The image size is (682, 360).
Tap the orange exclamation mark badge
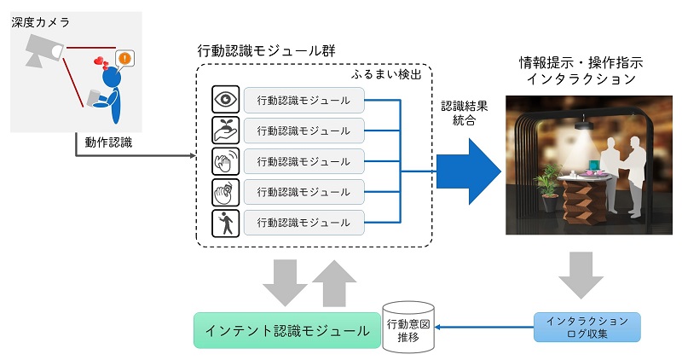[x=125, y=59]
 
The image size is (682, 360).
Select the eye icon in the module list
[x=225, y=100]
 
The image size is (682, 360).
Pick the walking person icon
[x=225, y=224]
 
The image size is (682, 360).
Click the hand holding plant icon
[x=225, y=130]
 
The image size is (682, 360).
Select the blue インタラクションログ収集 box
[x=587, y=328]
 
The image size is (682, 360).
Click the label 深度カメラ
[x=41, y=22]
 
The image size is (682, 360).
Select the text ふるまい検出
[x=386, y=75]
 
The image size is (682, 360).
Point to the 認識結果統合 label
[x=465, y=114]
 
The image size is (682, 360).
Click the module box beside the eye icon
[x=303, y=100]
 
